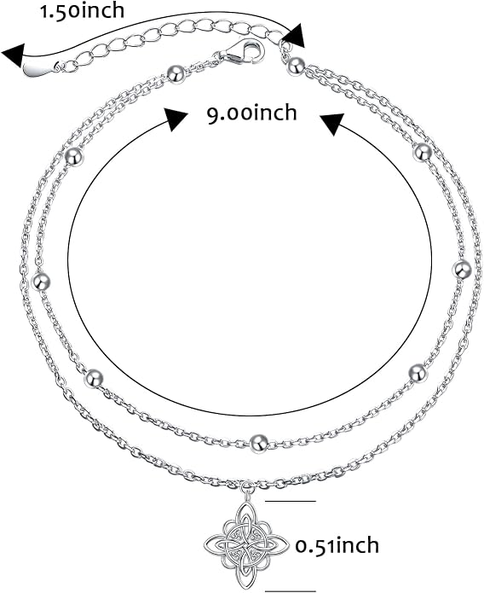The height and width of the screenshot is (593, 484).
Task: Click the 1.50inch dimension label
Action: [x=83, y=11]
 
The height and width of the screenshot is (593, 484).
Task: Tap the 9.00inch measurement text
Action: [x=251, y=113]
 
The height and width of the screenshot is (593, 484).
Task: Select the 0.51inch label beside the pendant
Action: [x=337, y=545]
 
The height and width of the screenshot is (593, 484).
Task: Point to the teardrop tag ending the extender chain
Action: [x=41, y=68]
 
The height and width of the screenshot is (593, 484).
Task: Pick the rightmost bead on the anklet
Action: [x=462, y=270]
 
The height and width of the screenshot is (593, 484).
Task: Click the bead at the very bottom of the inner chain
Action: [x=259, y=443]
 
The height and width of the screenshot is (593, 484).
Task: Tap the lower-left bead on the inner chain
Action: [x=94, y=378]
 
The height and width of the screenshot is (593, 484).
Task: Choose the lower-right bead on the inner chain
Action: [x=418, y=373]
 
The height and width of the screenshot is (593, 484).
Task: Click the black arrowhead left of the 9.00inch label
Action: [x=175, y=118]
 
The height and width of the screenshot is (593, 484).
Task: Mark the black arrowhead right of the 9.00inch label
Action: [x=332, y=124]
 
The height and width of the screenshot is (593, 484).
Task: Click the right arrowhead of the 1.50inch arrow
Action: [x=294, y=36]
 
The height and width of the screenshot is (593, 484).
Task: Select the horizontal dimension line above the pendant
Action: [x=291, y=501]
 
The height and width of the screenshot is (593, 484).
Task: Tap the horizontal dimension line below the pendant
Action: [x=291, y=590]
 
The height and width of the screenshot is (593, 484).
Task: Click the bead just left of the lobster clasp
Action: [x=176, y=73]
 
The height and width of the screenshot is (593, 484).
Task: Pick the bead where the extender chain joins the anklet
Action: [x=297, y=66]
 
